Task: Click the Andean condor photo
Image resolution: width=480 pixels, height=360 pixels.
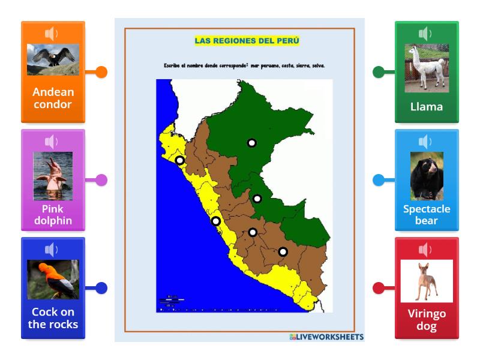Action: pyautogui.click(x=53, y=60)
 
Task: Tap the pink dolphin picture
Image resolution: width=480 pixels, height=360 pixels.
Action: pyautogui.click(x=53, y=176)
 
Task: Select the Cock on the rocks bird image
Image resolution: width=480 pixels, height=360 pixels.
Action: pyautogui.click(x=53, y=279)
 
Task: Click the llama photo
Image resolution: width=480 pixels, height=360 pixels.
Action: pyautogui.click(x=427, y=68)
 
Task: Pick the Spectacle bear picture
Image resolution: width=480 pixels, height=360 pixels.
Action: pyautogui.click(x=427, y=176)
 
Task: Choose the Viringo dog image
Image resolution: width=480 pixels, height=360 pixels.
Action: pyautogui.click(x=427, y=280)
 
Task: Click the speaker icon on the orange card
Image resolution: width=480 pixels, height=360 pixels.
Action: pyautogui.click(x=52, y=34)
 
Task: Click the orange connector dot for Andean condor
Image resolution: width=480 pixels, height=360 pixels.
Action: pyautogui.click(x=101, y=72)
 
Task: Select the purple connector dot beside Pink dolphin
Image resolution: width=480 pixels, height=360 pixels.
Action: pyautogui.click(x=101, y=180)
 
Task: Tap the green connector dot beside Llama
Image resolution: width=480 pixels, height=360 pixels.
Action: pyautogui.click(x=379, y=72)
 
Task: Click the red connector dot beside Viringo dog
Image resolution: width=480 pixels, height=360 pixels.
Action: pyautogui.click(x=379, y=288)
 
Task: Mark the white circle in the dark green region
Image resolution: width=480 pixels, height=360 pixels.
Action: pyautogui.click(x=252, y=143)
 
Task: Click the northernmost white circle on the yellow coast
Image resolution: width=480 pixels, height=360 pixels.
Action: pyautogui.click(x=180, y=160)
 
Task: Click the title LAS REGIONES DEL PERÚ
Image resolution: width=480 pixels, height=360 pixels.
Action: pyautogui.click(x=247, y=41)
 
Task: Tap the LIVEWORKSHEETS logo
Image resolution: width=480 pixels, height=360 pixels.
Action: pyautogui.click(x=326, y=337)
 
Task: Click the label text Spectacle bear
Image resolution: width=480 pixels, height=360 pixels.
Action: pyautogui.click(x=427, y=215)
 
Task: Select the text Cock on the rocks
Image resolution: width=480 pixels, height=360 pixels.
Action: pyautogui.click(x=53, y=318)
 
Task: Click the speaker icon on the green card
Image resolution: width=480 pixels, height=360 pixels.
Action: pyautogui.click(x=426, y=34)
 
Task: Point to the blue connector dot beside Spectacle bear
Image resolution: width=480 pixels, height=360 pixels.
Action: pyautogui.click(x=379, y=180)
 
